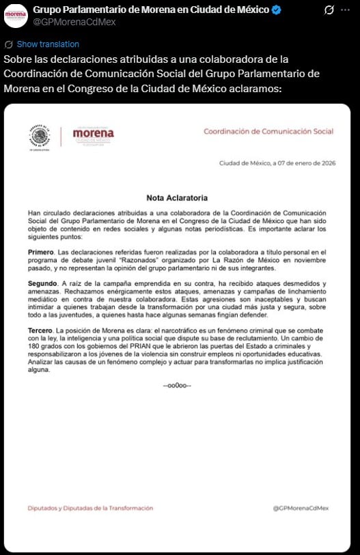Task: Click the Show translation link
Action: coord(47,44)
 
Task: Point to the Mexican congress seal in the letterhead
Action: coord(40,137)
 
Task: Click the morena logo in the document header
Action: coord(93,134)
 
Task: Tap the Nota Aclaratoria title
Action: coord(177,198)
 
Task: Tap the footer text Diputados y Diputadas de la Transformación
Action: coord(90,508)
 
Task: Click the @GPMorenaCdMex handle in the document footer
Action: coord(301,508)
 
